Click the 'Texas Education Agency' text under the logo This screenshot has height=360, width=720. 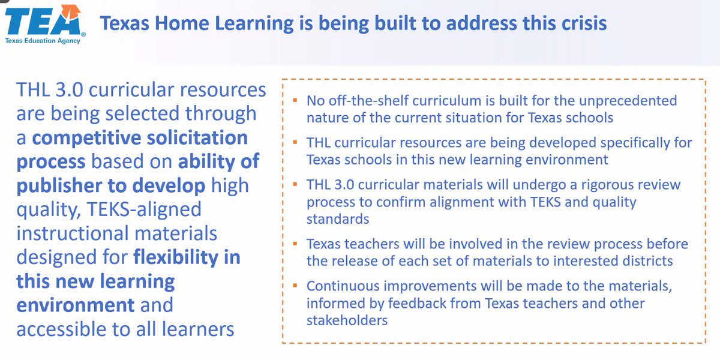click(43, 41)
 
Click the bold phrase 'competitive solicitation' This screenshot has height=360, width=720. click(140, 137)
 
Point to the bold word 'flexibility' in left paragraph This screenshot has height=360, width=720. click(187, 257)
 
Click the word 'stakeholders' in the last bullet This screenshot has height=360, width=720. click(347, 320)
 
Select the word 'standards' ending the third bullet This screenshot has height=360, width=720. click(337, 220)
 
